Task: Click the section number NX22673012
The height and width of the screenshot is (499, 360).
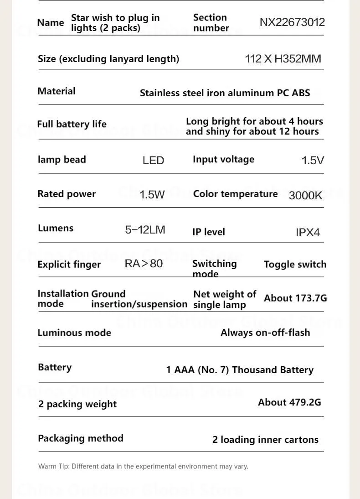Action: click(292, 22)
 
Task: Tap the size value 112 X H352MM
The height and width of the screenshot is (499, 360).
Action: click(283, 59)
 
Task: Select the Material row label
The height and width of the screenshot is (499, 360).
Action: click(57, 91)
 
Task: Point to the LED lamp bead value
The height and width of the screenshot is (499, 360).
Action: click(153, 161)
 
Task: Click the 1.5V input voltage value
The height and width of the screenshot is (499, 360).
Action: click(313, 161)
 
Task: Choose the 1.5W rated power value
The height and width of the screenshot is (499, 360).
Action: click(152, 195)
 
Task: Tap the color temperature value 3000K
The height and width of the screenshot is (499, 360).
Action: click(305, 195)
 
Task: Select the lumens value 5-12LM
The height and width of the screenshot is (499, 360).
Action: click(145, 230)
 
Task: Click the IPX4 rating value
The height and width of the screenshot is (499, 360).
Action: click(308, 232)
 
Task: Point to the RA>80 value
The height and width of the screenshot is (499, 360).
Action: click(144, 264)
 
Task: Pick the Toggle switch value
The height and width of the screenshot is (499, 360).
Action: click(295, 265)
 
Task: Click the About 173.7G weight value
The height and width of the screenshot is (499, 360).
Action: click(295, 298)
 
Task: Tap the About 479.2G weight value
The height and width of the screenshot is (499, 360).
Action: click(289, 402)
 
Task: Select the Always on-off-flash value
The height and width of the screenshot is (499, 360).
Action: click(265, 333)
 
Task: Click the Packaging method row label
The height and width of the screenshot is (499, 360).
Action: click(81, 438)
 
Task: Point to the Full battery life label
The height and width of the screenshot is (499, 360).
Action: click(72, 124)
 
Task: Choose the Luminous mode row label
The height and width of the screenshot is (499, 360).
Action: click(74, 333)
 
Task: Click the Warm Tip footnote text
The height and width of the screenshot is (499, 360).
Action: click(143, 466)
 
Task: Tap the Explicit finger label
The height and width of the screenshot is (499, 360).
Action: click(69, 265)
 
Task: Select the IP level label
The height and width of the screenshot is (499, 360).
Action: click(209, 232)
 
